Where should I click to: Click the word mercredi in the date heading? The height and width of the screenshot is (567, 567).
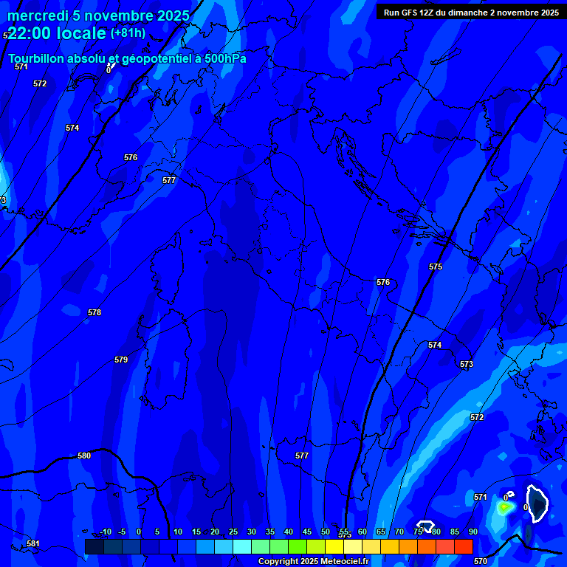[x=38, y=16]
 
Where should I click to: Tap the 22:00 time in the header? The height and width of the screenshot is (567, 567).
[x=30, y=33]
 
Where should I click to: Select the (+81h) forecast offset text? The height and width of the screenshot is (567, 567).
[x=128, y=33]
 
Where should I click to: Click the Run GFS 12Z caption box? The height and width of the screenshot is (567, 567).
[x=471, y=13]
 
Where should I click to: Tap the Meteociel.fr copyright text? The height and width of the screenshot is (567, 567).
[x=313, y=562]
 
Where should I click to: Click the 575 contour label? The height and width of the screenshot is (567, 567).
[x=436, y=267]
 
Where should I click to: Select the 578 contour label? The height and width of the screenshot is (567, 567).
[x=94, y=312]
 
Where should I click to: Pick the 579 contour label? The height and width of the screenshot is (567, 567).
[x=121, y=360]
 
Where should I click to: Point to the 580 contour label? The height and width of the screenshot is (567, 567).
[x=84, y=456]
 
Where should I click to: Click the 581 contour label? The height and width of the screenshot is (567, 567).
[x=33, y=544]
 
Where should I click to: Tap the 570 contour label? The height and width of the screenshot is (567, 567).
[x=481, y=561]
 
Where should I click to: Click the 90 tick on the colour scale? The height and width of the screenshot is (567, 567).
[x=472, y=532]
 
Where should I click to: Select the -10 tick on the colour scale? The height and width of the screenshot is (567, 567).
[x=105, y=532]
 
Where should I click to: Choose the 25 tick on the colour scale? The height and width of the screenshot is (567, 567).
[x=233, y=532]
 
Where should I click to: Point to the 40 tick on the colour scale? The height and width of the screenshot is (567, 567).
[x=289, y=532]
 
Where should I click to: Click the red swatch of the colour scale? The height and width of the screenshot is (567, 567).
[x=463, y=546]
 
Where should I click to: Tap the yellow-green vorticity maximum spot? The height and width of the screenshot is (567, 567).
[x=504, y=507]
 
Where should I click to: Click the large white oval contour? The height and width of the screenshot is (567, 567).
[x=537, y=503]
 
